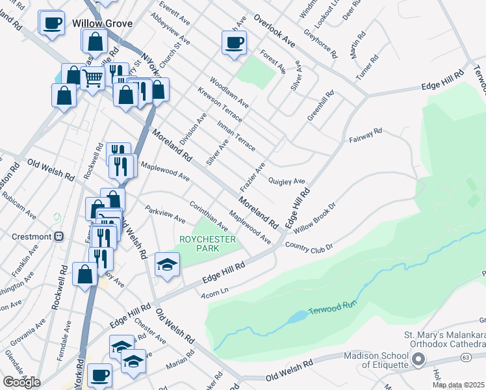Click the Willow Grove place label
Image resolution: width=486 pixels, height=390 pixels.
coord(103,23)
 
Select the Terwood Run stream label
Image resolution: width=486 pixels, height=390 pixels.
coord(333,311)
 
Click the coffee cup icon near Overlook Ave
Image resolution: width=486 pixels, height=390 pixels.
coord(234,44)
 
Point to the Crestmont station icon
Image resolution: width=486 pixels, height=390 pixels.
coord(58,236)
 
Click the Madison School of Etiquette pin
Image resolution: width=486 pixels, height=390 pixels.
coord(418,358)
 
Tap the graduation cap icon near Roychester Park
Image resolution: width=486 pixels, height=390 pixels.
coord(167,265)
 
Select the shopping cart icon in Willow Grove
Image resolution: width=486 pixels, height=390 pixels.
coord(93,79)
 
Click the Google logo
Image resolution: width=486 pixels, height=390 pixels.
coord(21,382)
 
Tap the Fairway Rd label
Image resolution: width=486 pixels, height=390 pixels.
coord(365,136)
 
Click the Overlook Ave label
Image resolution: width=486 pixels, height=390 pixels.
coord(274,31)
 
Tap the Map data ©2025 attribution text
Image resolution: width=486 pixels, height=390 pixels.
coord(458,385)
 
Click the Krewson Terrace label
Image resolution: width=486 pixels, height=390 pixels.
coord(220,105)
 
